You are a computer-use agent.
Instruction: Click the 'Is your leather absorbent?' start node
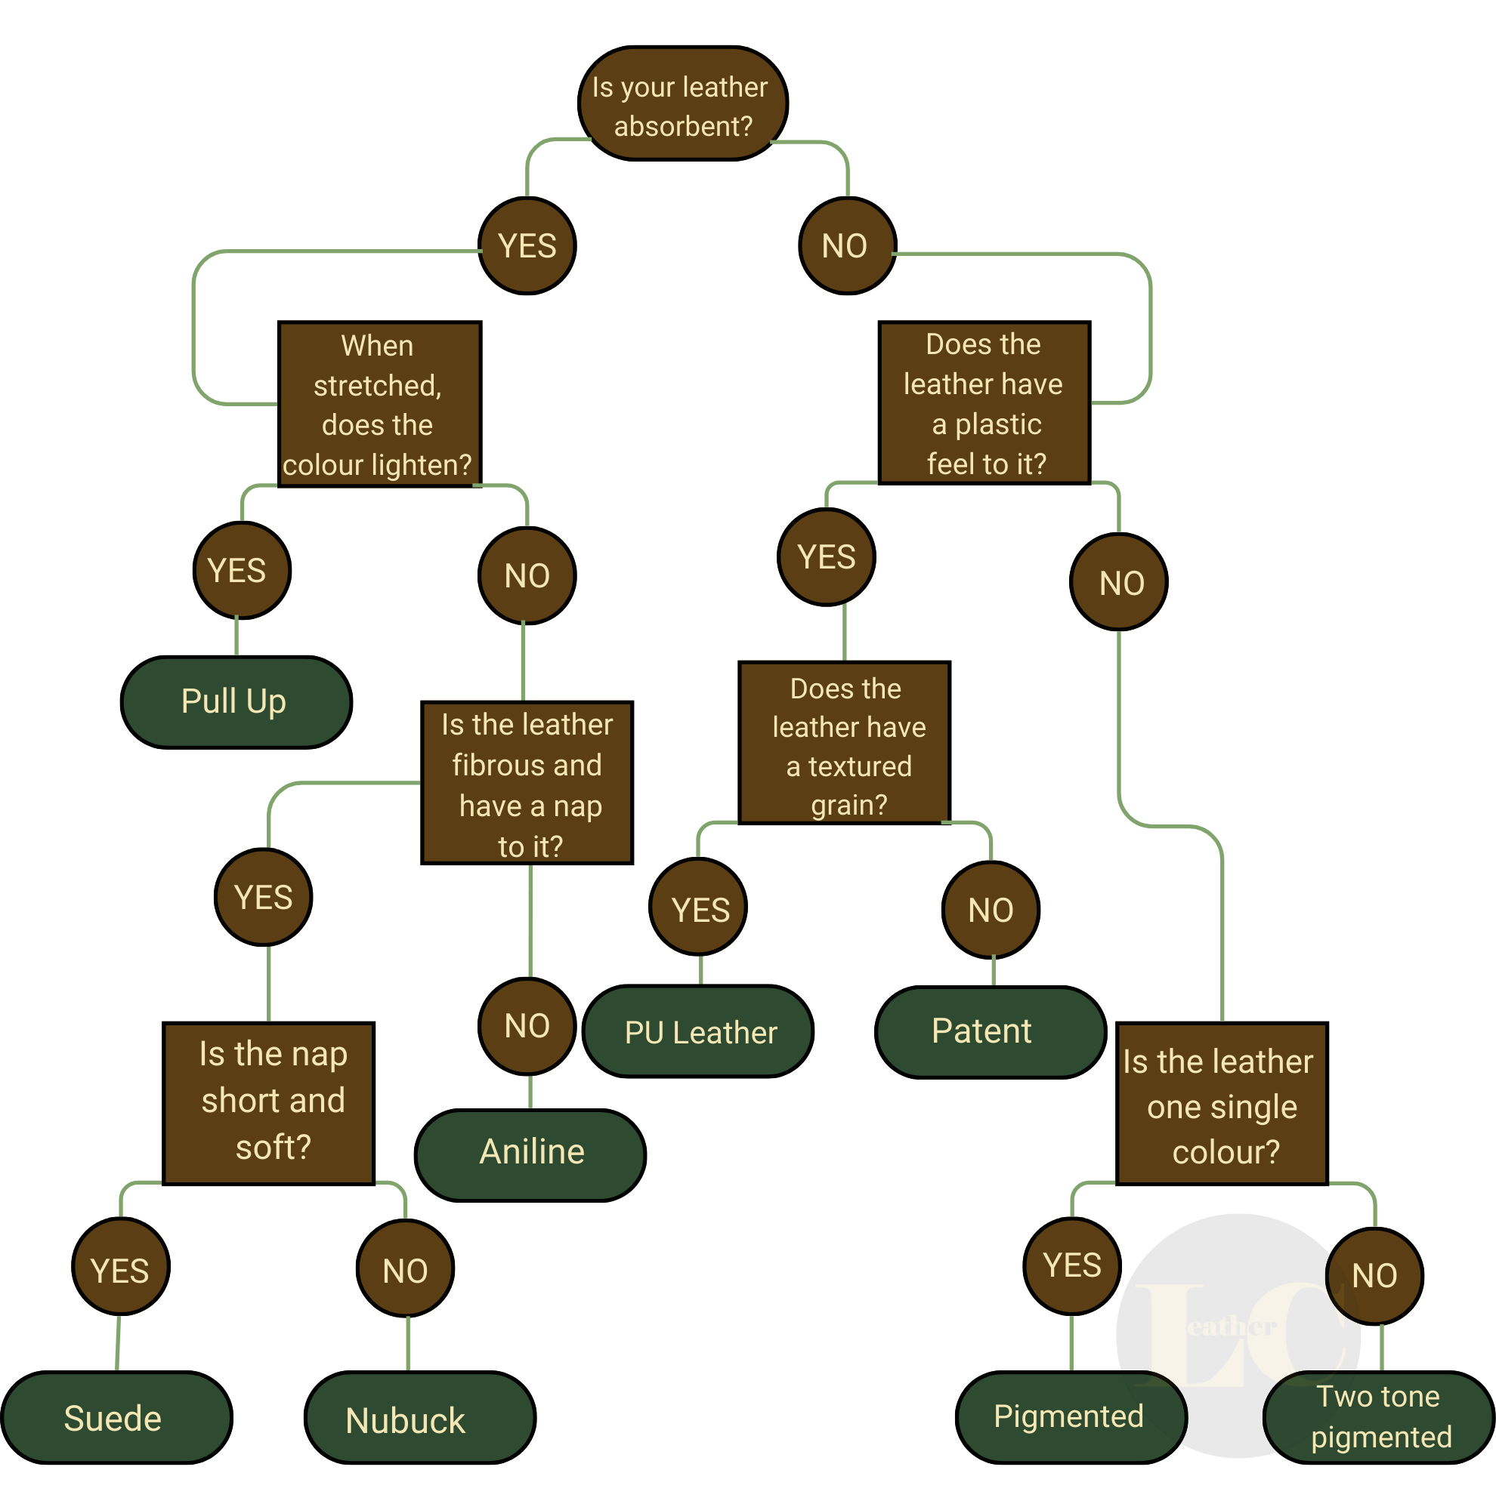pyautogui.click(x=683, y=104)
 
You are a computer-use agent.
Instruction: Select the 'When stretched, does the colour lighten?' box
pyautogui.click(x=379, y=404)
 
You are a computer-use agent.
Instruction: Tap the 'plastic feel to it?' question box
pyautogui.click(x=984, y=402)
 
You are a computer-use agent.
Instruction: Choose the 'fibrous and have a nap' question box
pyautogui.click(x=527, y=783)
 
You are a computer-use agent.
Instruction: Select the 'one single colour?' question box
pyautogui.click(x=1222, y=1105)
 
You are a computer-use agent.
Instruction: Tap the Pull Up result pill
pyautogui.click(x=236, y=702)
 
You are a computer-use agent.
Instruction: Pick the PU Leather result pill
pyautogui.click(x=699, y=1032)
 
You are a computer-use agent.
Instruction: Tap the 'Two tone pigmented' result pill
pyautogui.click(x=1380, y=1417)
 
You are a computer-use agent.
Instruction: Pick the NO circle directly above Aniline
pyautogui.click(x=527, y=1025)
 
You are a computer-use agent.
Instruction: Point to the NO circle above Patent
pyautogui.click(x=991, y=910)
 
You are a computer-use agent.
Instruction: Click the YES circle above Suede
pyautogui.click(x=120, y=1268)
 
